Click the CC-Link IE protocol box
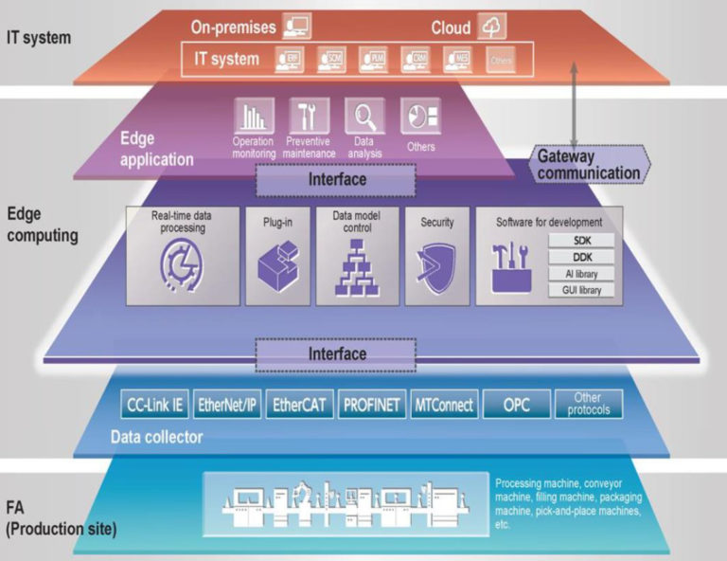click(x=153, y=405)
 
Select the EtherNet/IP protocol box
click(x=227, y=405)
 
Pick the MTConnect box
click(x=444, y=405)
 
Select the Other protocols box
click(x=588, y=404)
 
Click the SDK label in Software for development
click(x=581, y=241)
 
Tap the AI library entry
click(x=581, y=274)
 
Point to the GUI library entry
click(x=581, y=290)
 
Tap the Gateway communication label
click(x=588, y=165)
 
